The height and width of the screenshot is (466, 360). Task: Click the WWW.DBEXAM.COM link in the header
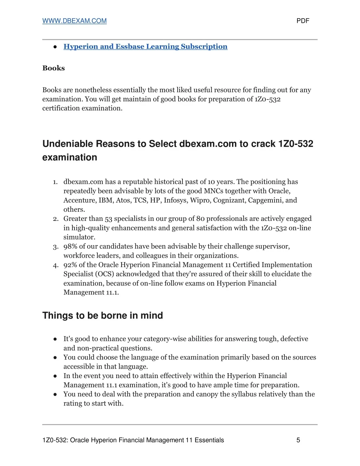(74, 21)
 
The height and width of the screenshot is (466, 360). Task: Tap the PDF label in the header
(303, 21)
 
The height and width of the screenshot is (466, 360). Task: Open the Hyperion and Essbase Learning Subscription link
(145, 46)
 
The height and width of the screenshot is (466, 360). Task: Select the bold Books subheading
(53, 68)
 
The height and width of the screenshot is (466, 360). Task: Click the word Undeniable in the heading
(67, 144)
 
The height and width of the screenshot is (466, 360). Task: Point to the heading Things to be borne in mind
(102, 315)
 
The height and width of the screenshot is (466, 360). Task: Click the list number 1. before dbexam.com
(55, 182)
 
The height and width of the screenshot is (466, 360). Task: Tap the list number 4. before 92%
(56, 265)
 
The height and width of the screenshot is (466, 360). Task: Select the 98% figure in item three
(70, 247)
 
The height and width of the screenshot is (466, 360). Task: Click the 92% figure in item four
(70, 265)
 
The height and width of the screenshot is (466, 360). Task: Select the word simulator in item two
(79, 237)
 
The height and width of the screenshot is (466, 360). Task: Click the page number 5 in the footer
(298, 440)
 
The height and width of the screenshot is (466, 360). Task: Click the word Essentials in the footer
(209, 440)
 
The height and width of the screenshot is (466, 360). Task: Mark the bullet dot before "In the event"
(55, 376)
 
